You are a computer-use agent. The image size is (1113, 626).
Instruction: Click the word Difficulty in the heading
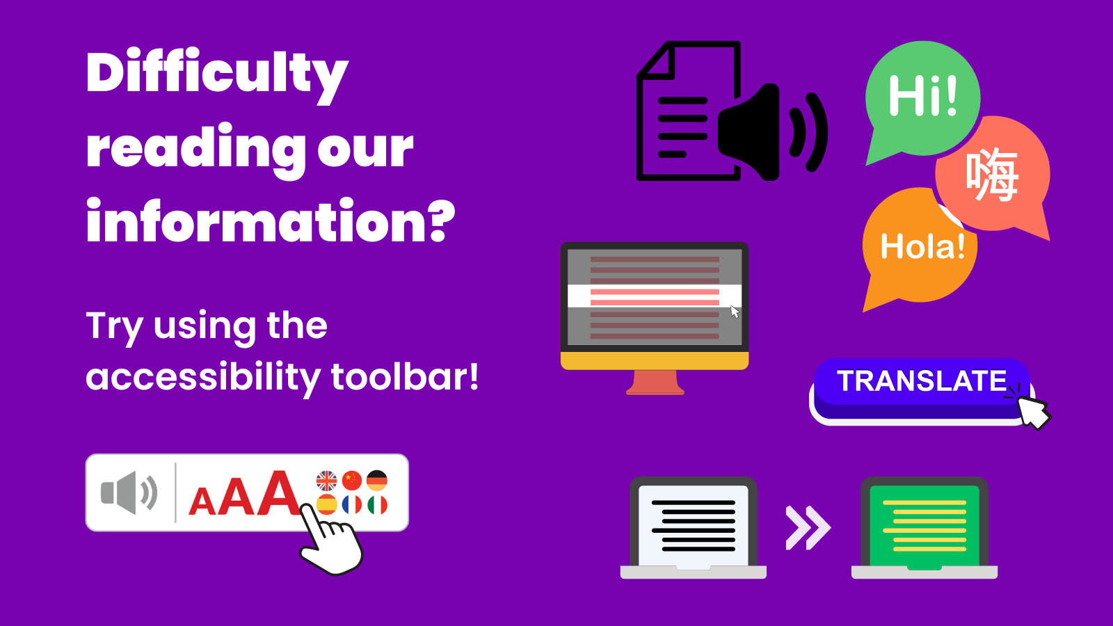pyautogui.click(x=217, y=76)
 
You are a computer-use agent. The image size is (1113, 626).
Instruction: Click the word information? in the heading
pyautogui.click(x=271, y=220)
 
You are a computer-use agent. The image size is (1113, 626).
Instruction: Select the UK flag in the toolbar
pyautogui.click(x=326, y=481)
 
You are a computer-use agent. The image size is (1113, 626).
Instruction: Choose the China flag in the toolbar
pyautogui.click(x=352, y=481)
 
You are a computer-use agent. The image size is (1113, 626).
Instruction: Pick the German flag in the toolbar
pyautogui.click(x=377, y=481)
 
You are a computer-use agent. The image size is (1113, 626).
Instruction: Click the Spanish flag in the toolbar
pyautogui.click(x=326, y=505)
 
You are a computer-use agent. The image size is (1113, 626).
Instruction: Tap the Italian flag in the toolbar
pyautogui.click(x=377, y=505)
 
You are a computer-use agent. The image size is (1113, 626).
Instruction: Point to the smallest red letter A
pyautogui.click(x=202, y=501)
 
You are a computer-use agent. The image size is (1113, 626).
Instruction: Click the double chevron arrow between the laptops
pyautogui.click(x=808, y=528)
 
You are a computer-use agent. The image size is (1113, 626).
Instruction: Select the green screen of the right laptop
pyautogui.click(x=924, y=527)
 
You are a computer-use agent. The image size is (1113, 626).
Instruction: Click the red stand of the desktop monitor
pyautogui.click(x=655, y=383)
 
